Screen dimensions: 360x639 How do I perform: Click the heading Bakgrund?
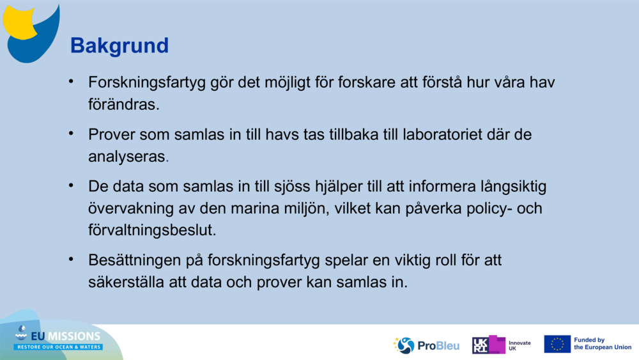[119, 45]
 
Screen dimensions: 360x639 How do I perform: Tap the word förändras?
[123, 105]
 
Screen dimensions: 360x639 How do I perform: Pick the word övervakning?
[130, 208]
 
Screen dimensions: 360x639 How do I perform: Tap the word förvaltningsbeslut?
[152, 230]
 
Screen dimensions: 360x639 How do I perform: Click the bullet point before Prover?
[72, 134]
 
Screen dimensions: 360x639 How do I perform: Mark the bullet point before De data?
[72, 186]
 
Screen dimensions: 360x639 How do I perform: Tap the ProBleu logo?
[427, 345]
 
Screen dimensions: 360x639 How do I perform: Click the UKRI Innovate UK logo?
[501, 345]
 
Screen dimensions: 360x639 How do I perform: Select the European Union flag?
[557, 344]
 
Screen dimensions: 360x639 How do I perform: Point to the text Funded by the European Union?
[602, 344]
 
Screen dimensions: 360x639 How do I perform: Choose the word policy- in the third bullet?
[497, 208]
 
